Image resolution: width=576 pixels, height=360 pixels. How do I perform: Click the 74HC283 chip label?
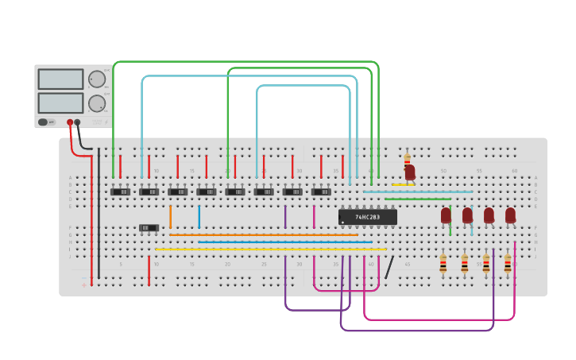click(367, 217)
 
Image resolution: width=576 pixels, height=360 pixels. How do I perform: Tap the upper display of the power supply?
click(60, 79)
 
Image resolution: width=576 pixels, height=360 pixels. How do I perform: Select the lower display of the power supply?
click(60, 103)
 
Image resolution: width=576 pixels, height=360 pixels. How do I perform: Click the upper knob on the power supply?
click(96, 79)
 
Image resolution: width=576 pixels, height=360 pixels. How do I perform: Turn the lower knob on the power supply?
click(96, 103)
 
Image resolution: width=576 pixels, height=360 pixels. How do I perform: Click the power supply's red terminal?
click(70, 122)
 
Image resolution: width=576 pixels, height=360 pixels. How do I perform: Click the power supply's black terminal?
click(77, 122)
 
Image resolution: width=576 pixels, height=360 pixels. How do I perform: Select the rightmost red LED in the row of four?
click(510, 215)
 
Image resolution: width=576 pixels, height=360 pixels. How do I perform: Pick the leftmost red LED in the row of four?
click(446, 215)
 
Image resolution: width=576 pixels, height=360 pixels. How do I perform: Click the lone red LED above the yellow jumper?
click(410, 172)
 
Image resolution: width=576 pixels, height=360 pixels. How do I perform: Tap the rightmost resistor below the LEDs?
click(508, 264)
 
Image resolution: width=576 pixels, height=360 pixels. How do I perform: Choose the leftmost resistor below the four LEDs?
click(443, 264)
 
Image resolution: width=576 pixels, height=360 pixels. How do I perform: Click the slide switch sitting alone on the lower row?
click(149, 228)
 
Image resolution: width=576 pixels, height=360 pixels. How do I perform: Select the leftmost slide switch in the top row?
click(120, 192)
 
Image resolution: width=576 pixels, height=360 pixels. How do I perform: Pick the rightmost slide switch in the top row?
click(321, 192)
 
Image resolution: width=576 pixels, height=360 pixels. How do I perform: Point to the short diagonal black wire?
click(389, 267)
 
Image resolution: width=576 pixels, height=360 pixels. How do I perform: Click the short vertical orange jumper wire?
click(170, 216)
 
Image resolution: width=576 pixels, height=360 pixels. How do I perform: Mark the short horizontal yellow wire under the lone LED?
click(403, 185)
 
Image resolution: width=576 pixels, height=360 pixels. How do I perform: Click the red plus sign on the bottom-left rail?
click(84, 285)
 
